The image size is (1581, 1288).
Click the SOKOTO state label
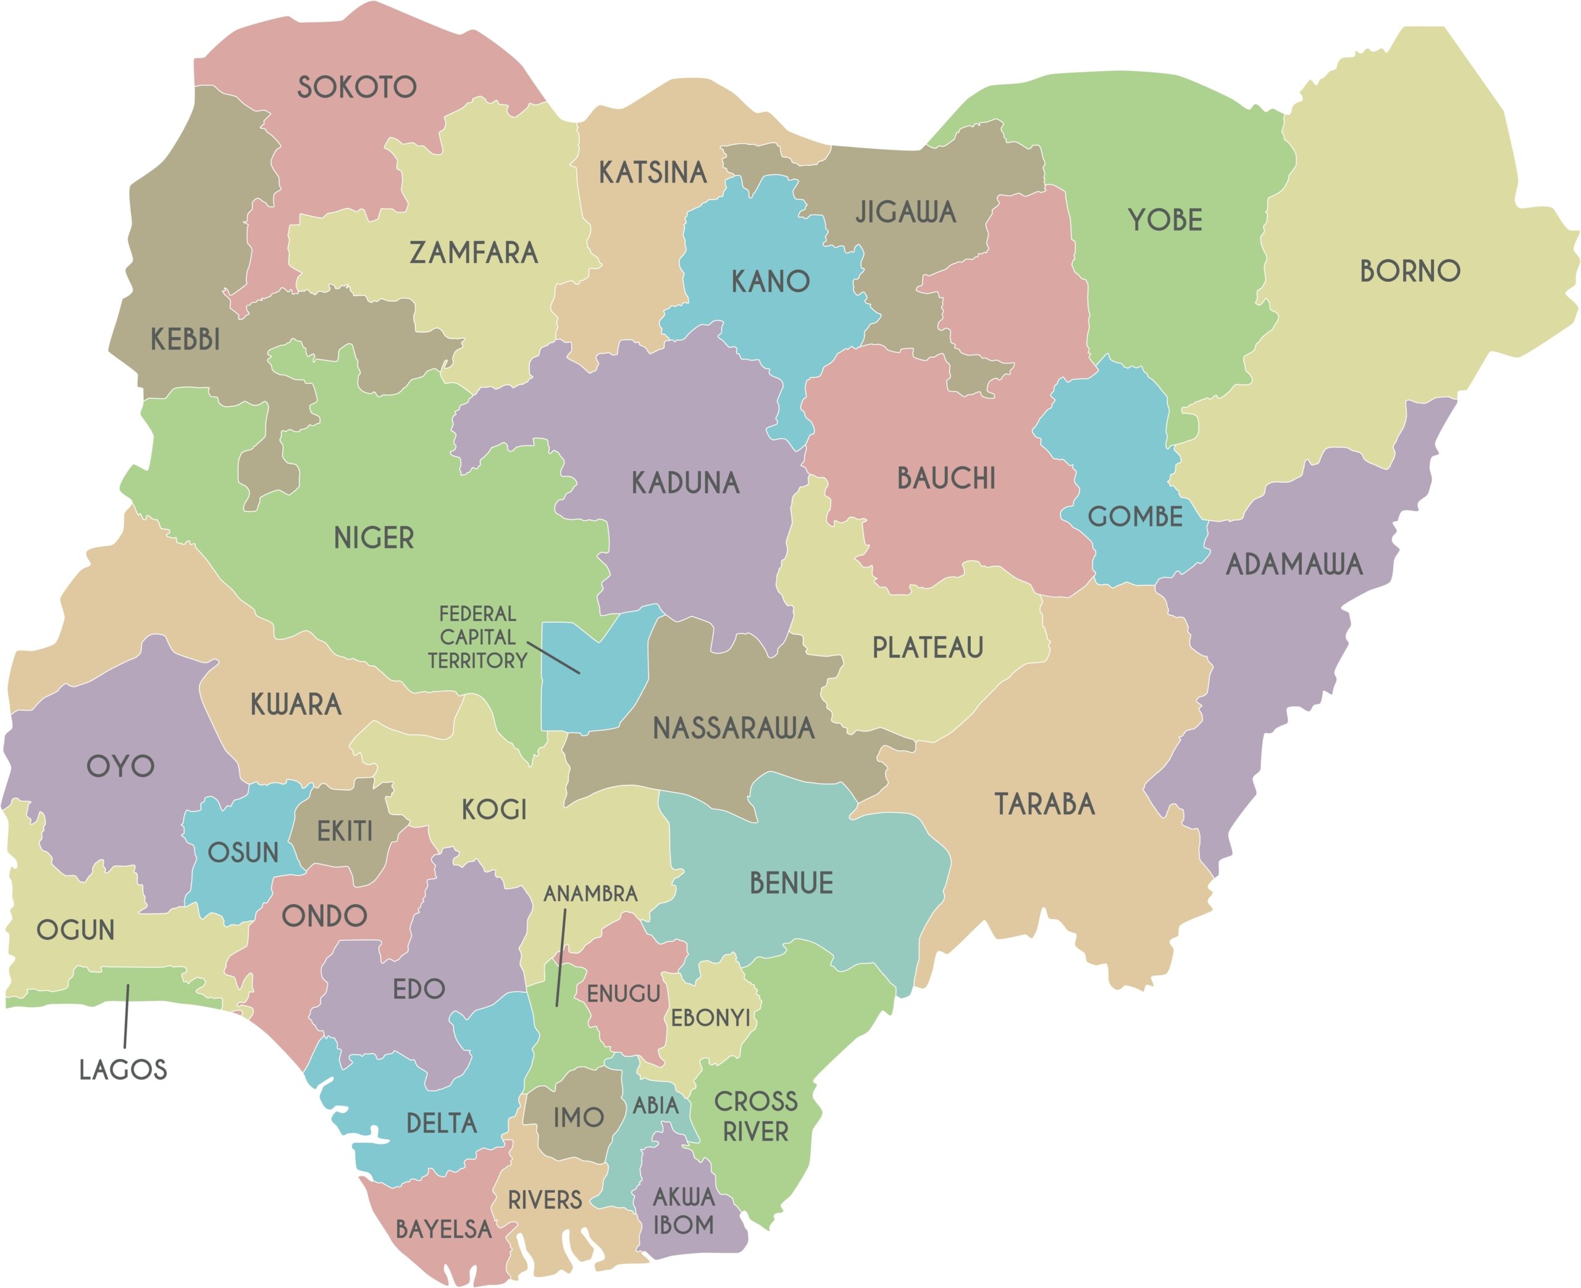(357, 88)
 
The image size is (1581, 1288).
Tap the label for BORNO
(1409, 272)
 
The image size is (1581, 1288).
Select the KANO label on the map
(771, 282)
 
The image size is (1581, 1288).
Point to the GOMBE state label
(1135, 517)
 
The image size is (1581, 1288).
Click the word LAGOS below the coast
(124, 1070)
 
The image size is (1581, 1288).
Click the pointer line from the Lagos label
(126, 1016)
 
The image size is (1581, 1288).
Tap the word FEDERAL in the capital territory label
(477, 614)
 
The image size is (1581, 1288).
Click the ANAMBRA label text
(591, 894)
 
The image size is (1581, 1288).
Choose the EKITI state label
(345, 832)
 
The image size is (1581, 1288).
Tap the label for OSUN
(243, 854)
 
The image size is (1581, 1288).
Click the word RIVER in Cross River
(756, 1132)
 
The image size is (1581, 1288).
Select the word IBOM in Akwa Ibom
(684, 1225)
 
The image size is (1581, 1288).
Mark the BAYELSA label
(443, 1229)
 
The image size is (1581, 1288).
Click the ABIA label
(655, 1106)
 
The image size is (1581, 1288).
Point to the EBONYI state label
(710, 1018)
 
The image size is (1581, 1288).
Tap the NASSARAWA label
(733, 729)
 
